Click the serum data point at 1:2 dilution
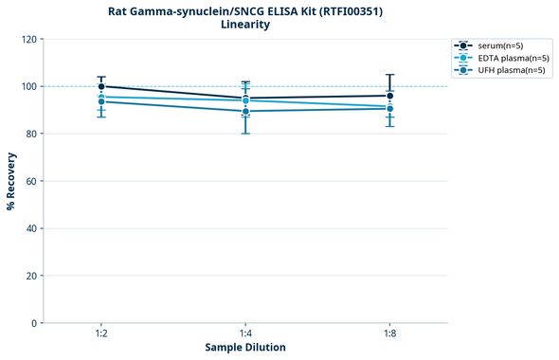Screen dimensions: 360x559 click(x=101, y=86)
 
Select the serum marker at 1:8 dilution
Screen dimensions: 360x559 click(x=390, y=96)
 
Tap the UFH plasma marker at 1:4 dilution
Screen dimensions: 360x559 click(x=245, y=111)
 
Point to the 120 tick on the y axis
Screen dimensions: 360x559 click(x=28, y=39)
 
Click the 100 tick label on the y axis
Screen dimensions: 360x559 click(x=28, y=86)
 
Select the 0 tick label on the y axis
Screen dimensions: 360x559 click(x=34, y=323)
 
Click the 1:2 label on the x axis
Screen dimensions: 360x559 click(x=101, y=334)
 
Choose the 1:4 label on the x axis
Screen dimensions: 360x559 click(x=245, y=334)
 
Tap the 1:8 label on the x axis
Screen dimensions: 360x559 click(x=390, y=334)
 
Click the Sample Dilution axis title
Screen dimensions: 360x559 click(x=245, y=348)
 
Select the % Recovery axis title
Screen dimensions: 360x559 click(x=11, y=181)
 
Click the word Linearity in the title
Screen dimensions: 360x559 click(x=245, y=25)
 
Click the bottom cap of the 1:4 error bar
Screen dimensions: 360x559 click(x=245, y=134)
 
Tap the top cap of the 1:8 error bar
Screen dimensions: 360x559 click(x=390, y=75)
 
